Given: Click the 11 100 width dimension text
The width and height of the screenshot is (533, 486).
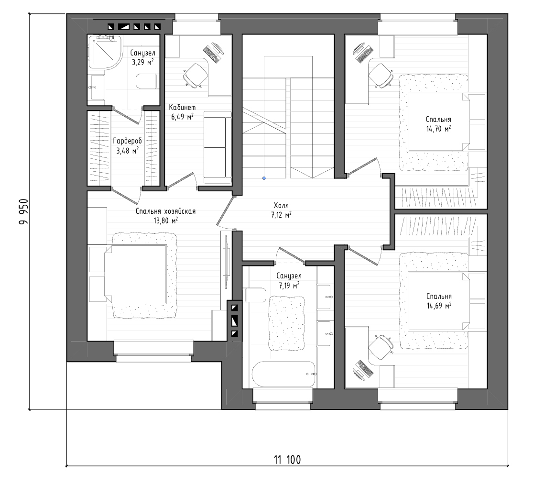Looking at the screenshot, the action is tap(287, 460).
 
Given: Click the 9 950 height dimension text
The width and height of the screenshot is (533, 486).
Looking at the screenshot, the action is tap(23, 211).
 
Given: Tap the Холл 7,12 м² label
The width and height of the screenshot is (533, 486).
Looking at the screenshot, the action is tap(281, 210).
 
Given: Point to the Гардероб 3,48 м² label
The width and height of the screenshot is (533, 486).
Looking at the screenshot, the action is tap(128, 145).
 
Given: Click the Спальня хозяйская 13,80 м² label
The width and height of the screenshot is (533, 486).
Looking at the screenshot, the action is tap(165, 216).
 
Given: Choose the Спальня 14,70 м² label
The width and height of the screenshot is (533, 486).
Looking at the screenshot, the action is tap(438, 124).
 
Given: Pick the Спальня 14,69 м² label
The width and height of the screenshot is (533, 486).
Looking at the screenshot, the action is tap(439, 301).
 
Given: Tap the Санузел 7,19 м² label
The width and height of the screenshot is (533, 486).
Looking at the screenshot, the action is tap(289, 281).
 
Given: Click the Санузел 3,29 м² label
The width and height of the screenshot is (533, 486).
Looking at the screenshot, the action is tap(143, 57).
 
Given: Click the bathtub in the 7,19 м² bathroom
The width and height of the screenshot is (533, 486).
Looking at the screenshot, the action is tap(284, 374).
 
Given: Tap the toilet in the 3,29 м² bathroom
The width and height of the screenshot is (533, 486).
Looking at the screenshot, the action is tap(147, 81).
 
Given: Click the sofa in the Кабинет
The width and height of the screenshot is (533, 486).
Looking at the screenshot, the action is tap(218, 148).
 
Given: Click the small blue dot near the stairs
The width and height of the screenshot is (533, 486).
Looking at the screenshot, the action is tap(264, 178).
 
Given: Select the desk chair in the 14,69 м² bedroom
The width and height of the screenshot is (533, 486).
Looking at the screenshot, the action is tap(381, 346).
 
